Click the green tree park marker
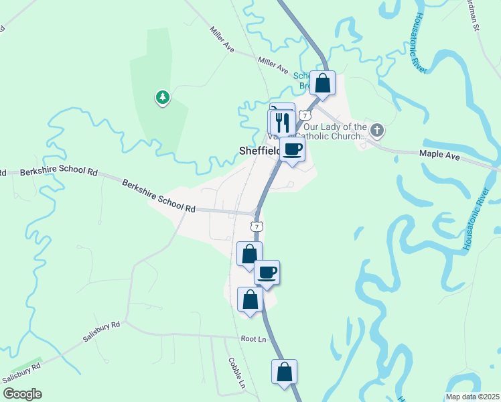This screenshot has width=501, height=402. (x=162, y=98)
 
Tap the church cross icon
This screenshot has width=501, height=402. (x=377, y=129)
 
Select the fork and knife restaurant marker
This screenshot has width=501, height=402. (x=282, y=122)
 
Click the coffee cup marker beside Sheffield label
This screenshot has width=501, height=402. (x=293, y=148)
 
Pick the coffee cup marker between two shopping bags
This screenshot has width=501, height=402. (x=267, y=272)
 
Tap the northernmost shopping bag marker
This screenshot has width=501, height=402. (x=323, y=83)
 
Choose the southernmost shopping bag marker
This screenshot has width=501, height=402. (x=284, y=371)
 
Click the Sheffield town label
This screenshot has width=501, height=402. (x=259, y=151)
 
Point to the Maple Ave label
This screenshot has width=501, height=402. (x=439, y=154)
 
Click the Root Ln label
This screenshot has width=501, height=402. (x=253, y=340)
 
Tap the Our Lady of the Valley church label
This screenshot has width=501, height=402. (x=335, y=131)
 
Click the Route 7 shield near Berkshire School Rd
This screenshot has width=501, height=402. (x=257, y=226)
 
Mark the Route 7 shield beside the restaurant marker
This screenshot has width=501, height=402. (x=305, y=115)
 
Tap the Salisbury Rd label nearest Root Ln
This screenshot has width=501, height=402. (x=102, y=332)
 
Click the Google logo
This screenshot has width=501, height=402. (x=22, y=394)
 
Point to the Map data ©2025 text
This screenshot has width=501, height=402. (x=472, y=397)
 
